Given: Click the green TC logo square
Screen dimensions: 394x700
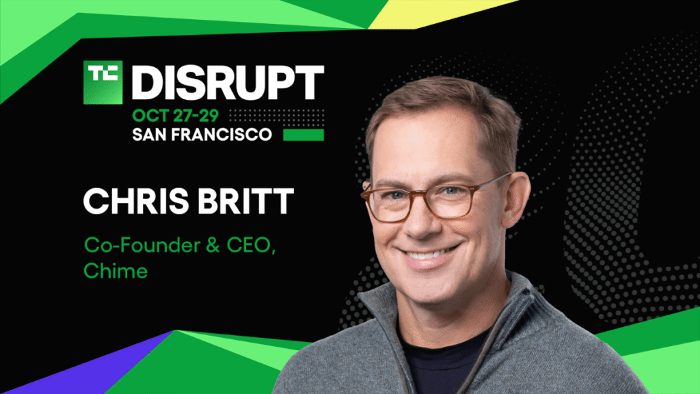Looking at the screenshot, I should (103, 82).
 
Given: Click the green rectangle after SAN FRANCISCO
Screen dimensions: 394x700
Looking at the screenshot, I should (304, 134).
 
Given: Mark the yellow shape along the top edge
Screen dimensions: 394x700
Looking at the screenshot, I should (437, 11).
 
